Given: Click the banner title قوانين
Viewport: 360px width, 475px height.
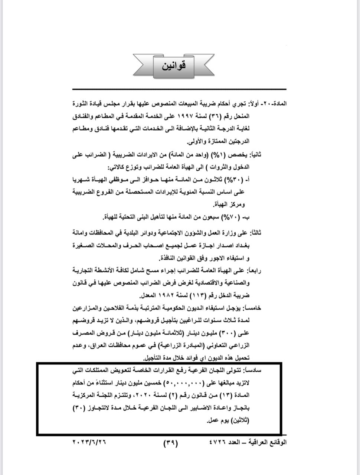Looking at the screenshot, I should pyautogui.click(x=174, y=66).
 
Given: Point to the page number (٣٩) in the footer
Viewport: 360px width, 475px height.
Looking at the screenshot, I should pyautogui.click(x=171, y=443).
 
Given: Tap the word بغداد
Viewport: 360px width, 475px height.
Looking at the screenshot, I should pyautogui.click(x=243, y=245).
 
